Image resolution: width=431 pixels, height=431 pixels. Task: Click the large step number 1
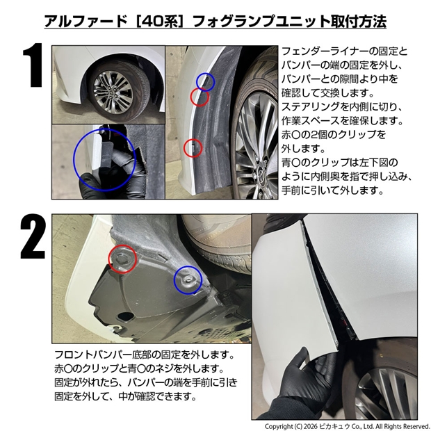33,65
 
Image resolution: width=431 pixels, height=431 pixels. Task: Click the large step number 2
33,236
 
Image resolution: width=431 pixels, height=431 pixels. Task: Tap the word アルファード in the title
86,21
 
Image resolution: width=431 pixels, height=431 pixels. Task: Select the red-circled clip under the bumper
122,259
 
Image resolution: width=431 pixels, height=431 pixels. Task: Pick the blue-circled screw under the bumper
188,280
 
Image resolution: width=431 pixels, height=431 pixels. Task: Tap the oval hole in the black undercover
126,316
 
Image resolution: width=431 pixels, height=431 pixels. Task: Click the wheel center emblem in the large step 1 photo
260,174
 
